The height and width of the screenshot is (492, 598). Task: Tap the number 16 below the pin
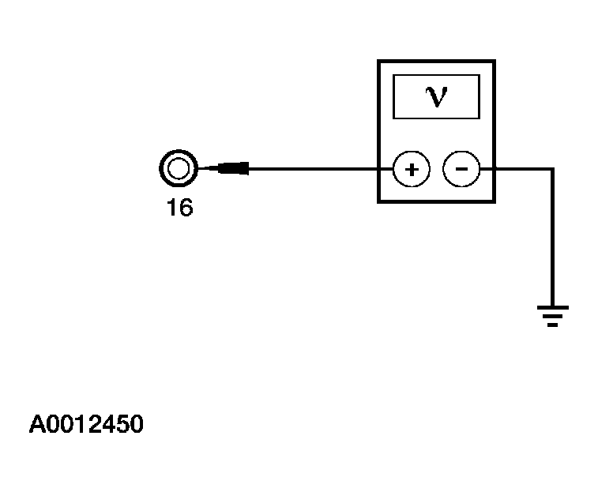tap(179, 209)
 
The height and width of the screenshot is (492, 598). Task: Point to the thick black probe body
tap(234, 168)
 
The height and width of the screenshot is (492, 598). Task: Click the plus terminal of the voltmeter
tap(411, 169)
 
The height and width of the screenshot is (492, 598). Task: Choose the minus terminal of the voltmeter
tap(461, 169)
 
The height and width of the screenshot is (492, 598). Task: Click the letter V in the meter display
tap(435, 96)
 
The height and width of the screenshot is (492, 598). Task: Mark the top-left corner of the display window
tap(393, 76)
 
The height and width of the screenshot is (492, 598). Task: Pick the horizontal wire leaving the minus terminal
tap(517, 168)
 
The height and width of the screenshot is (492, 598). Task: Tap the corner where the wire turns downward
tap(553, 169)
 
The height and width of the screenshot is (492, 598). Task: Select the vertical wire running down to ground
tap(553, 237)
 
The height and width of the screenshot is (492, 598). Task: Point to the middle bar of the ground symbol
tap(553, 316)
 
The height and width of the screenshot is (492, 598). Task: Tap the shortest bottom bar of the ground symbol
tap(553, 324)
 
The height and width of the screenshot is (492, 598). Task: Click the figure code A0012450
tap(87, 425)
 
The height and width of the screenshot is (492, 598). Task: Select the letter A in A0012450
tap(38, 425)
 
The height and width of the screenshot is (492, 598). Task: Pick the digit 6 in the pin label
tap(186, 209)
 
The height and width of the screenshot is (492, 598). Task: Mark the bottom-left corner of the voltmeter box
tap(379, 201)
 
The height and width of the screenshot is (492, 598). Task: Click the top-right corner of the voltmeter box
tap(495, 61)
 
